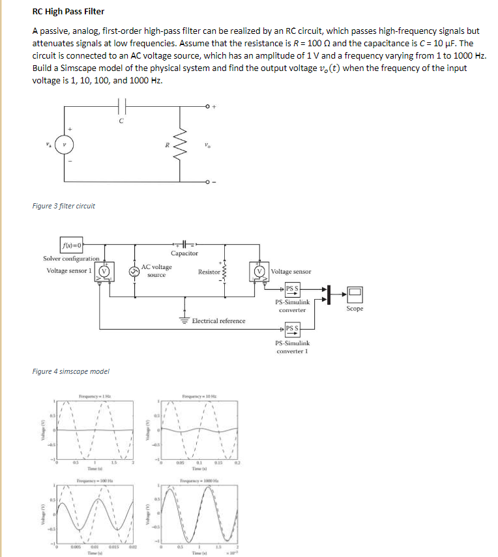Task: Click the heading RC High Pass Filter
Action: pos(68,12)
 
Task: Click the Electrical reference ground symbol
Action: pos(186,320)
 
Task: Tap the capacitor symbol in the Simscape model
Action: pos(184,244)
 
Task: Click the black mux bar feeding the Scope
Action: pos(329,294)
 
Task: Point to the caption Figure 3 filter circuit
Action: pos(63,206)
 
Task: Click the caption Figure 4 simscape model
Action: pos(70,371)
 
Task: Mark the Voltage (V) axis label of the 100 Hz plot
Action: pos(46,514)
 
